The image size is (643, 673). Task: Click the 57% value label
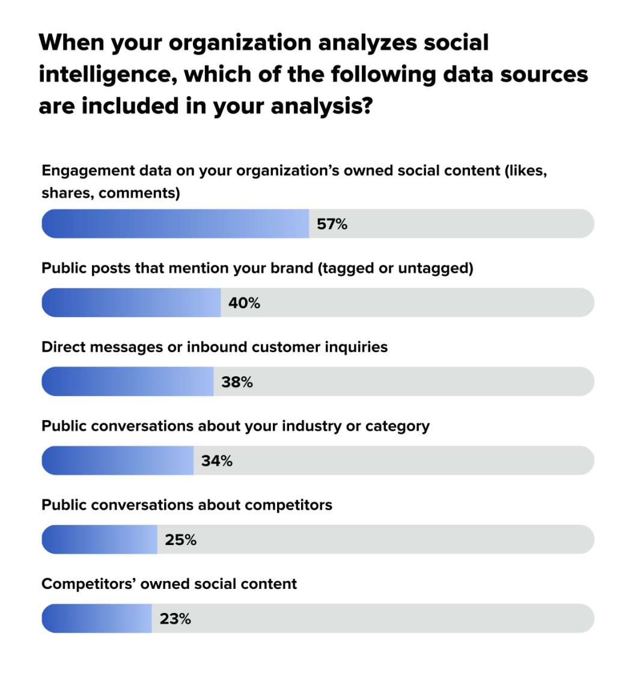click(332, 224)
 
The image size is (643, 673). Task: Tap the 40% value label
click(244, 303)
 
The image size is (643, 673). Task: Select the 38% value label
click(237, 382)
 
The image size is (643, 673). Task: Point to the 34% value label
click(217, 461)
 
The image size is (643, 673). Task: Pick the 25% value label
click(181, 540)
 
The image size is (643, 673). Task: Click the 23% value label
click(175, 619)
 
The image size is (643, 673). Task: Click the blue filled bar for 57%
click(175, 224)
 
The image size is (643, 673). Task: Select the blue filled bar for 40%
click(131, 303)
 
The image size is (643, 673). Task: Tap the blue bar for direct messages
click(127, 382)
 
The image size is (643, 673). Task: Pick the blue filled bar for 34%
click(118, 460)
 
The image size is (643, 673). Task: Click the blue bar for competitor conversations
click(99, 540)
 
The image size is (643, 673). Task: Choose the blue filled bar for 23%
click(97, 618)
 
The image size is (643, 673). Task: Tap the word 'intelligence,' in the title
click(108, 75)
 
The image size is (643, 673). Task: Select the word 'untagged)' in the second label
click(436, 269)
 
